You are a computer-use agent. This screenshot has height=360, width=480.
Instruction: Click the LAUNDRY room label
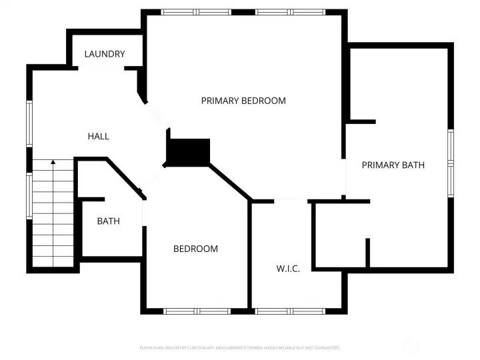(105, 54)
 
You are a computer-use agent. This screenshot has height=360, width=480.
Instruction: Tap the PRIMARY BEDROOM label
(243, 101)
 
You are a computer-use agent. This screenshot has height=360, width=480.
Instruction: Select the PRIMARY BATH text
(393, 165)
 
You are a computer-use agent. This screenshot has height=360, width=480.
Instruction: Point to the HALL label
(99, 136)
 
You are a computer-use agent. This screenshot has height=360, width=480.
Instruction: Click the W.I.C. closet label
(288, 269)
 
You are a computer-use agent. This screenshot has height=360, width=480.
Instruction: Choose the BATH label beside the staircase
(109, 221)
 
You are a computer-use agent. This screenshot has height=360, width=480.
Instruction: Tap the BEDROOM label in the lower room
(195, 249)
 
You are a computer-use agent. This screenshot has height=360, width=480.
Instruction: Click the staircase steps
(53, 213)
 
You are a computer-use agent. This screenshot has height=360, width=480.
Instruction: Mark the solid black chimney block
(189, 152)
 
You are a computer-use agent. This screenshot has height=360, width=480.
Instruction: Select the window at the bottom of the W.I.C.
(291, 311)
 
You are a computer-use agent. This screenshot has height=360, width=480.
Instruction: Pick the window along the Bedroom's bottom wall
(197, 311)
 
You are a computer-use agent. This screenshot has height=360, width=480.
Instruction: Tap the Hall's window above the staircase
(29, 123)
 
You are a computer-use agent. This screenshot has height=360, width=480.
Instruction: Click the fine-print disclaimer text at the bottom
(239, 348)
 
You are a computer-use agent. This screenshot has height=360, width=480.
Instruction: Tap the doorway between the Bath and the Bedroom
(143, 213)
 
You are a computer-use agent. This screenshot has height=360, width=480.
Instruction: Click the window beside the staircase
(29, 195)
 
